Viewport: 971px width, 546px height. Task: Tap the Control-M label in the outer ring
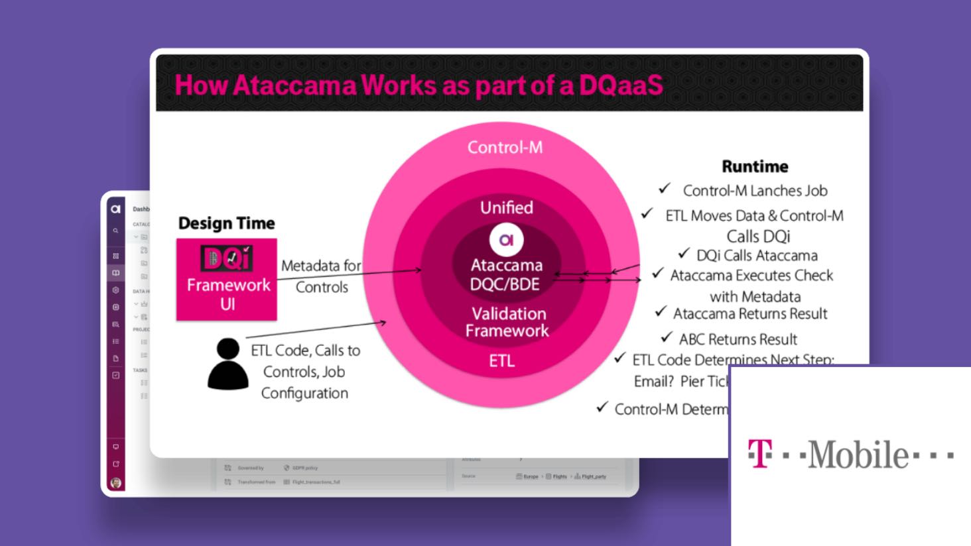click(x=505, y=147)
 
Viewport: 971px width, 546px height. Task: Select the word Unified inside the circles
click(x=507, y=207)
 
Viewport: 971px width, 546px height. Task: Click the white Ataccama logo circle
click(x=506, y=240)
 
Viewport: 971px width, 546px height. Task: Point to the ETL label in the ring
click(x=501, y=361)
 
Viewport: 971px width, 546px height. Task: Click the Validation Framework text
click(x=507, y=322)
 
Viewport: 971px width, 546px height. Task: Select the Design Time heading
click(x=226, y=223)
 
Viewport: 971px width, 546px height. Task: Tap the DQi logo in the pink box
click(x=227, y=259)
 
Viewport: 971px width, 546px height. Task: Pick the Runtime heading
click(x=755, y=166)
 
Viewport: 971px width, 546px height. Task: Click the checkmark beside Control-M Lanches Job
click(x=665, y=189)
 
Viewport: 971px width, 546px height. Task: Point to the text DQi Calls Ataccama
click(x=757, y=256)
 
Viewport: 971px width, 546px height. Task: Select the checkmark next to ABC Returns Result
click(x=667, y=338)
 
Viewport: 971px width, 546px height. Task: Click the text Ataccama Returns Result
click(x=750, y=313)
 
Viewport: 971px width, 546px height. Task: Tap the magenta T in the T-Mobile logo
click(x=760, y=454)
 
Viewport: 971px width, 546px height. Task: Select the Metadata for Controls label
click(x=322, y=276)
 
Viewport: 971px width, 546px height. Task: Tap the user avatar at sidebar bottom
click(x=116, y=482)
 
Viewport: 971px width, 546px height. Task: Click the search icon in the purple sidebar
click(x=115, y=231)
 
